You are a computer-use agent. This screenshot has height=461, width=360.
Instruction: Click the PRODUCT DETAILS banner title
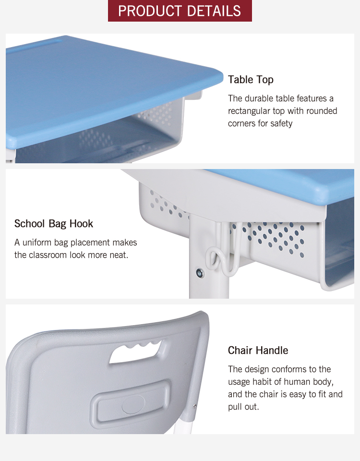[x=180, y=11]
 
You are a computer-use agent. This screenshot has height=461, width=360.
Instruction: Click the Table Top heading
[x=251, y=80]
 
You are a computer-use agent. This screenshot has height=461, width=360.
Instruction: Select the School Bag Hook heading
[x=54, y=224]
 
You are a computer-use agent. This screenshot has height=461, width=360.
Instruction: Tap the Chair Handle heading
[x=258, y=351]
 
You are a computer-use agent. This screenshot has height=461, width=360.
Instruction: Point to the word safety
[x=280, y=123]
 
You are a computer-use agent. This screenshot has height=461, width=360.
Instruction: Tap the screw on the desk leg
[x=200, y=273]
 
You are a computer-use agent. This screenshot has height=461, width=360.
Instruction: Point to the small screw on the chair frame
[x=194, y=406]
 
